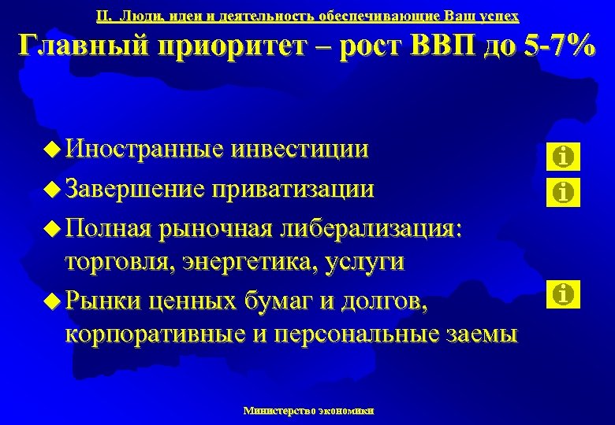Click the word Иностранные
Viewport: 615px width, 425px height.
[x=145, y=150]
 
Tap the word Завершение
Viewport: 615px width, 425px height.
[x=135, y=189]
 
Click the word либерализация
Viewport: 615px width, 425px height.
[x=371, y=228]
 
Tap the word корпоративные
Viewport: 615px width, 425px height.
[x=156, y=333]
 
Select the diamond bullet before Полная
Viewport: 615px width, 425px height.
[x=53, y=228]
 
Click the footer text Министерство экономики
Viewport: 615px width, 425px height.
[x=309, y=410]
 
